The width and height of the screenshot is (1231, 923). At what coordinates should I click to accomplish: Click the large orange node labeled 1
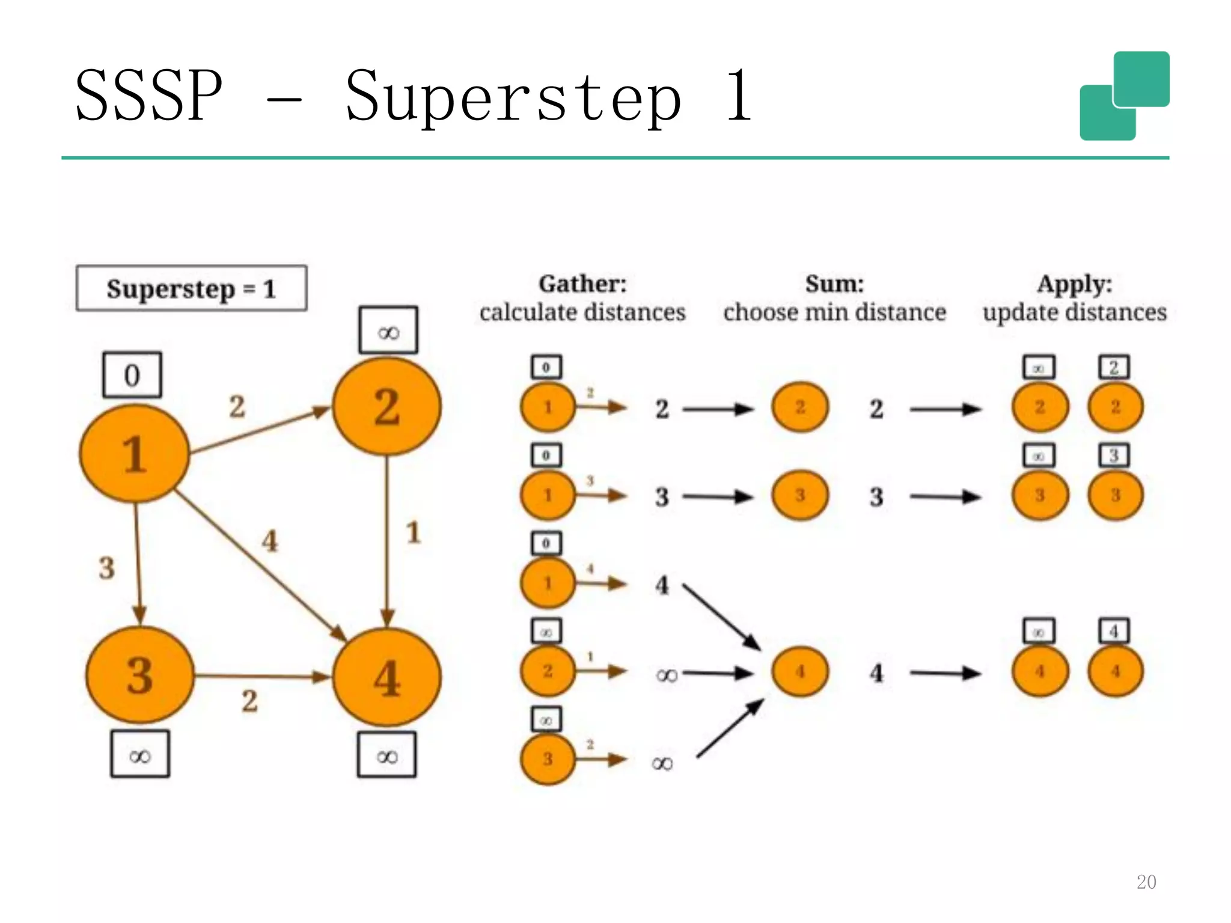coord(134,454)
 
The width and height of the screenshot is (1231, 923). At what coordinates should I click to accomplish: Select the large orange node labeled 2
coord(386,407)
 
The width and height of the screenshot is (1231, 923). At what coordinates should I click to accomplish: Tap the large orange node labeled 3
coord(139,675)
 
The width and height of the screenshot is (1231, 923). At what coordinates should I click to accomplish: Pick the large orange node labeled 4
coord(386,677)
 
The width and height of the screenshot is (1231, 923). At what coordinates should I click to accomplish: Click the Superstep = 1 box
coord(191,288)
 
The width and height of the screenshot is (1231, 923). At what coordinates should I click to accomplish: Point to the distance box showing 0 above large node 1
coord(132,375)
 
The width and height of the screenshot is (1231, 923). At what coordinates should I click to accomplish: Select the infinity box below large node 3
coord(140,755)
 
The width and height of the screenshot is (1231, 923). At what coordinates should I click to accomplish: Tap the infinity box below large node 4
coord(387,755)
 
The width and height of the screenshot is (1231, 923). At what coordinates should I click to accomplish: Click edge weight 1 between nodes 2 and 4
coord(413,533)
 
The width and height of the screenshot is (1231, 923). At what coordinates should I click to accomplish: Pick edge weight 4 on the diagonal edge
coord(270,541)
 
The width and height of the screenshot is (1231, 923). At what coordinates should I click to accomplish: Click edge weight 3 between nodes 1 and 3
coord(107,568)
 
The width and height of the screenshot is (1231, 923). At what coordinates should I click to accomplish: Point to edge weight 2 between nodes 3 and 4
coord(250,701)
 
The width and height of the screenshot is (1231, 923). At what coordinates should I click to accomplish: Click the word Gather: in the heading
coord(582,284)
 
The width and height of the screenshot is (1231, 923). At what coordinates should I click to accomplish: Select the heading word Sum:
coord(834,284)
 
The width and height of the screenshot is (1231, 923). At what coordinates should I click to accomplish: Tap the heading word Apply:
coord(1074,284)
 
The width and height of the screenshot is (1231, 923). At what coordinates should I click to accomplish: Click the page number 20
coord(1146,882)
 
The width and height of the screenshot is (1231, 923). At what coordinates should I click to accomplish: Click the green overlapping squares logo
coord(1124,96)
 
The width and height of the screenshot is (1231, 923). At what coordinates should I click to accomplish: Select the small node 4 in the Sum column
coord(800,671)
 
